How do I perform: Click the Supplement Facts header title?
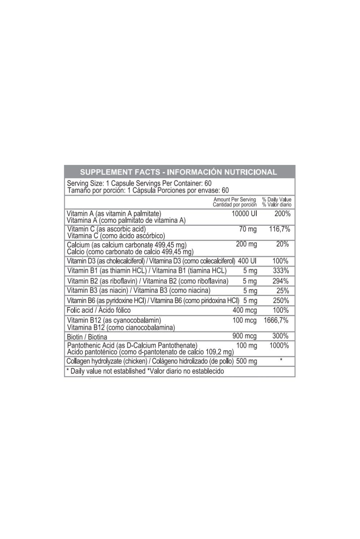coord(178,172)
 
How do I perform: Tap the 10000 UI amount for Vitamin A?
coord(244,214)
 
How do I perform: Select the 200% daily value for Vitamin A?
coord(282,214)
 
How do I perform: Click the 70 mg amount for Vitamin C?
coord(248,229)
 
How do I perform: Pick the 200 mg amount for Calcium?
coord(246,245)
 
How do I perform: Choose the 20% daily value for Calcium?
coord(282,245)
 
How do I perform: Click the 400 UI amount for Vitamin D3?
coord(247,261)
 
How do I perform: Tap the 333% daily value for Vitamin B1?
coord(281,271)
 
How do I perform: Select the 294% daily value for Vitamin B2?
coord(281,281)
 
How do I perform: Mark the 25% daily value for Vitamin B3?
coord(282,291)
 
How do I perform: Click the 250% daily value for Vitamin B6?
coord(281,301)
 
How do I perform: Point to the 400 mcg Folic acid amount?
coord(245,310)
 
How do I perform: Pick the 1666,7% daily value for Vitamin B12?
coord(276,321)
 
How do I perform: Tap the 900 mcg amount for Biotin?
coord(245,336)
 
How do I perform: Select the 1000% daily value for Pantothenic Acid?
coord(279,346)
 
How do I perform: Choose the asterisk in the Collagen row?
coord(281,360)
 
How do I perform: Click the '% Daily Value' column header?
coord(276,200)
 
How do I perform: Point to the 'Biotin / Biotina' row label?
coord(87,337)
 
